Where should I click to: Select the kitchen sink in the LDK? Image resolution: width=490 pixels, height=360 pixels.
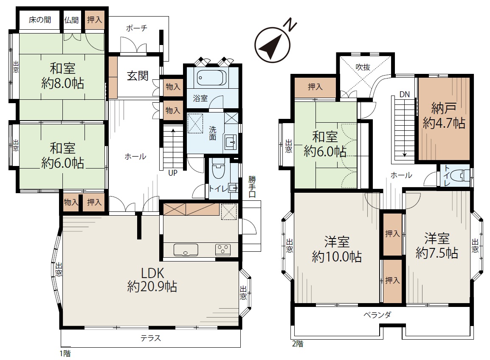pyautogui.click(x=186, y=250)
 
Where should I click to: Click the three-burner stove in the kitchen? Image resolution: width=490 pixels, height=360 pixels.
pyautogui.click(x=223, y=250)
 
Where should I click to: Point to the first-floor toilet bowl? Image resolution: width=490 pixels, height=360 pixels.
pyautogui.click(x=218, y=169)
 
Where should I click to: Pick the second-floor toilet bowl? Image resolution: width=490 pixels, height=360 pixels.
pyautogui.click(x=462, y=176)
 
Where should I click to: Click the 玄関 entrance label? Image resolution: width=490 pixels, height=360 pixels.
pyautogui.click(x=138, y=76)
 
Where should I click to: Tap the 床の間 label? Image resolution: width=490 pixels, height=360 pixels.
pyautogui.click(x=39, y=20)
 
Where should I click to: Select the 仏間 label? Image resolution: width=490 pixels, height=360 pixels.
pyautogui.click(x=71, y=20)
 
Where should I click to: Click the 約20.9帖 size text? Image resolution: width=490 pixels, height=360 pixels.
pyautogui.click(x=152, y=287)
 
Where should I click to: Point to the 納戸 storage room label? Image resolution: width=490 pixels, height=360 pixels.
pyautogui.click(x=443, y=108)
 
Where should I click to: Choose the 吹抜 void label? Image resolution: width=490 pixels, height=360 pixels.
pyautogui.click(x=363, y=67)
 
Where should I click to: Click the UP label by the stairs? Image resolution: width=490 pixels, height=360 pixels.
pyautogui.click(x=173, y=172)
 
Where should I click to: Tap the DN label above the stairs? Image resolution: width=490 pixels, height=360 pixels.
pyautogui.click(x=404, y=94)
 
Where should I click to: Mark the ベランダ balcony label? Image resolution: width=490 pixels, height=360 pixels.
pyautogui.click(x=377, y=315)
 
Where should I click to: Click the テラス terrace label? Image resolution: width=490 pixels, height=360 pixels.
pyautogui.click(x=151, y=338)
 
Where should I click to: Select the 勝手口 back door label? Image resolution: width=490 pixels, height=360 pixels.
pyautogui.click(x=252, y=186)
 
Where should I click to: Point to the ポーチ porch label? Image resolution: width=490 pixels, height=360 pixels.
pyautogui.click(x=137, y=28)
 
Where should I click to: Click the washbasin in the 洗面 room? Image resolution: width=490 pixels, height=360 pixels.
pyautogui.click(x=231, y=143)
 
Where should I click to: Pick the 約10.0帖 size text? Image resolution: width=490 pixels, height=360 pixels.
pyautogui.click(x=337, y=256)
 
